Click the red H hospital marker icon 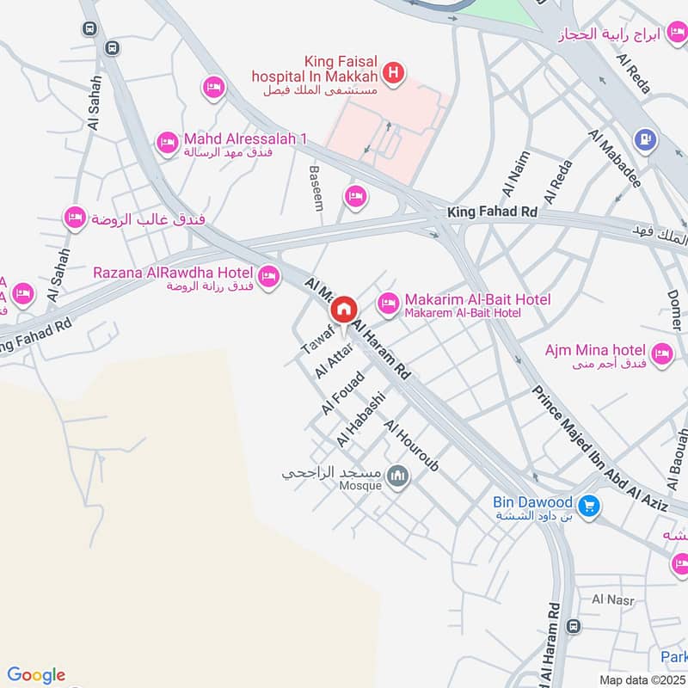tap(394, 74)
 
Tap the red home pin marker tap(344, 308)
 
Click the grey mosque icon tap(397, 476)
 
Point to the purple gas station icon tap(643, 138)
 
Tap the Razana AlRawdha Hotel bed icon tap(269, 276)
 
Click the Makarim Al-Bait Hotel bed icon tap(389, 303)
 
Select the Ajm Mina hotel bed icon tap(661, 353)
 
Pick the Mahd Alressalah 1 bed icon tap(167, 142)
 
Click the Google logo tap(36, 675)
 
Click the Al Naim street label tap(517, 172)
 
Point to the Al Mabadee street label tap(615, 159)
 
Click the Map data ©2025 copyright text tap(642, 679)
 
